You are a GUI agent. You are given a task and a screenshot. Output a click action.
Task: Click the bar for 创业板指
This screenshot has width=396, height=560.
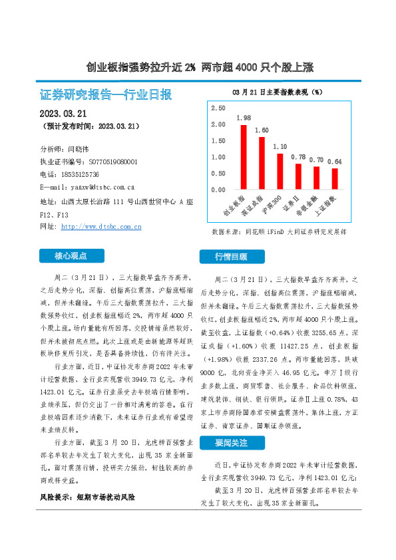[244, 157]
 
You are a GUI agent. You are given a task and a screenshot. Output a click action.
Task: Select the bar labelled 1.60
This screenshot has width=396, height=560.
[262, 163]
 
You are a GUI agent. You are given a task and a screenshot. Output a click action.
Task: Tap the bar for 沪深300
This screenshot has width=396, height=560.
[280, 172]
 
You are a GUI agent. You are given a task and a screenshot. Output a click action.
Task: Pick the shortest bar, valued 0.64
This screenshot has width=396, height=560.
[335, 179]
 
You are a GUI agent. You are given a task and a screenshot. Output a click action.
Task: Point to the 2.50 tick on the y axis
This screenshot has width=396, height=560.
[218, 108]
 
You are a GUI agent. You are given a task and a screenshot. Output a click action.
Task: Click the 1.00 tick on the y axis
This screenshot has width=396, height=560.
[218, 157]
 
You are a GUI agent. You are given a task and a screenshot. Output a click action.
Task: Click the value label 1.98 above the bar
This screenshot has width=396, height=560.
[244, 118]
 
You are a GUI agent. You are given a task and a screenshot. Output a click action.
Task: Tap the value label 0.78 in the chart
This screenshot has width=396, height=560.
[298, 158]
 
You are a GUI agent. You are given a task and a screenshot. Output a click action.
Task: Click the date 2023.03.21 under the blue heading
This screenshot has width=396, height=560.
[68, 113]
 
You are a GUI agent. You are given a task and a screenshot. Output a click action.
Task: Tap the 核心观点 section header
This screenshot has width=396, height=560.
[71, 255]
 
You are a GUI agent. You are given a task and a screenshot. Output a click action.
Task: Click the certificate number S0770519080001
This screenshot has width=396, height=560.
[113, 162]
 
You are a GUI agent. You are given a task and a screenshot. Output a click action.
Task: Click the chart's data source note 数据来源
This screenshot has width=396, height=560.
[288, 232]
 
